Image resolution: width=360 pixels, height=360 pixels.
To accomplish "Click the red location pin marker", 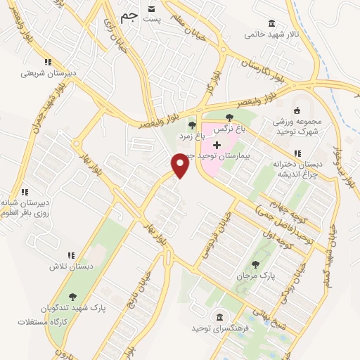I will pyautogui.click(x=181, y=165).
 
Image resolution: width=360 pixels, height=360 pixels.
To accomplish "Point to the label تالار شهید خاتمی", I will pyautogui.click(x=271, y=34).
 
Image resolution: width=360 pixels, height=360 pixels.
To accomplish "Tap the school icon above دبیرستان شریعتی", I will pyautogui.click(x=47, y=62).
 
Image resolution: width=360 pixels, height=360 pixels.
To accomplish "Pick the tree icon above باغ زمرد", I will pyautogui.click(x=192, y=124).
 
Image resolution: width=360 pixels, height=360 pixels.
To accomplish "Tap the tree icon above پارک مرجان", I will pyautogui.click(x=255, y=264).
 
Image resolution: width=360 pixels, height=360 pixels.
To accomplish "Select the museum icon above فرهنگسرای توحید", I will pyautogui.click(x=220, y=316).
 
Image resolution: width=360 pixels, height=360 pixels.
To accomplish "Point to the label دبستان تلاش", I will pyautogui.click(x=70, y=266).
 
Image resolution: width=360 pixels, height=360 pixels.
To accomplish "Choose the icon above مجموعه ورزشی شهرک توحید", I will pyautogui.click(x=297, y=110).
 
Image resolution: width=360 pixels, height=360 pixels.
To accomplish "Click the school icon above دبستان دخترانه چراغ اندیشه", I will pyautogui.click(x=297, y=153).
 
